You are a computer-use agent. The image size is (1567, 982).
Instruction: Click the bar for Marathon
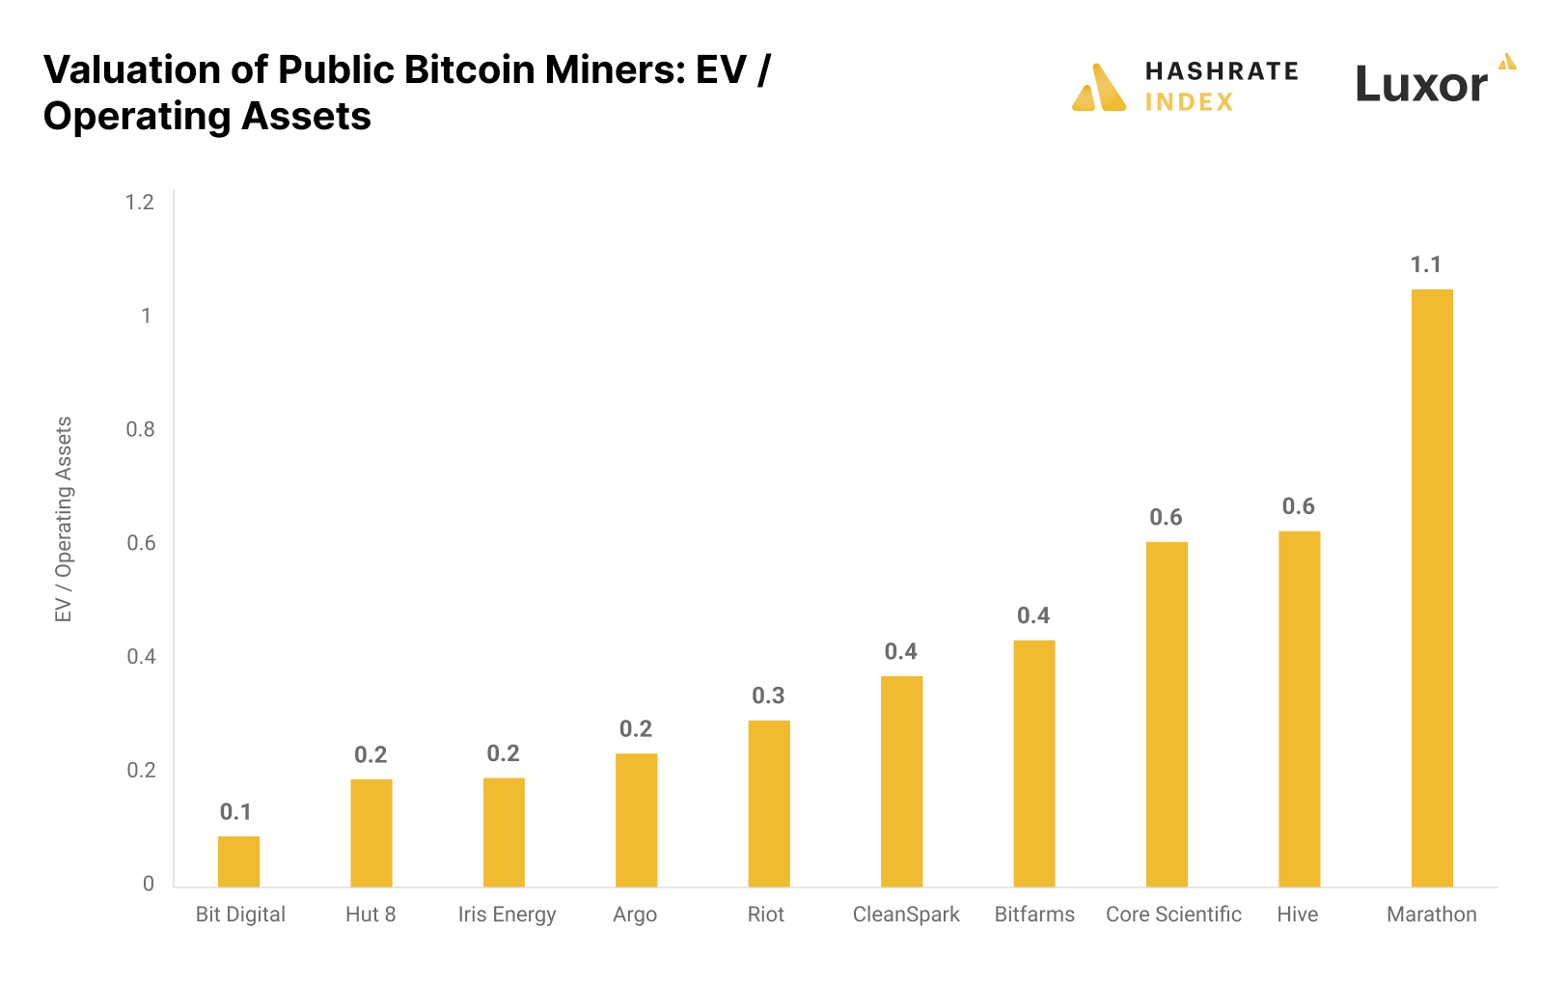coord(1432,588)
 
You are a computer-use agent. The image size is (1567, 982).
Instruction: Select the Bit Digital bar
coord(238,861)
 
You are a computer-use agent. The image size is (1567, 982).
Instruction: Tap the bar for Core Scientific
coord(1167,714)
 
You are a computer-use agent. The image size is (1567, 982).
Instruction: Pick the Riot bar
coord(769,804)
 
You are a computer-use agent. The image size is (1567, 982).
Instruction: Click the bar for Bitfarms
coord(1034,763)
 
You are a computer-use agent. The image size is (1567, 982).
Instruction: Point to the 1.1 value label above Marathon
coord(1425,265)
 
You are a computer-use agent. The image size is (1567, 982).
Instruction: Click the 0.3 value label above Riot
coord(768,696)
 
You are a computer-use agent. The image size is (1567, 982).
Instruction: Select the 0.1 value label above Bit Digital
coord(235,812)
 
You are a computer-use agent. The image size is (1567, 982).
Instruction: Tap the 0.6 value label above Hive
coord(1298,506)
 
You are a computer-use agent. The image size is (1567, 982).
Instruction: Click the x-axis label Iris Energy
coord(507,914)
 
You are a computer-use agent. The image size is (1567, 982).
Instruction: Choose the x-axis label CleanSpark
coord(906,914)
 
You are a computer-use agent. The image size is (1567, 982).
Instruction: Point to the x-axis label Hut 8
coord(371,914)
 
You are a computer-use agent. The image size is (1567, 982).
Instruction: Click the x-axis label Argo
coord(635,914)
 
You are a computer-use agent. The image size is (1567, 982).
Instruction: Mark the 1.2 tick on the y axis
coord(140,203)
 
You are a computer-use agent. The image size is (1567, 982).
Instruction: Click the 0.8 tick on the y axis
coord(140,429)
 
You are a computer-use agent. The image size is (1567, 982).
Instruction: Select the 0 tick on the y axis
coord(149,884)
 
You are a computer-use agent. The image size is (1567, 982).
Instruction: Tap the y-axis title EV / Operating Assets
coord(64,519)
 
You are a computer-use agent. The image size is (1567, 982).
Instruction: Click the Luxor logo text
coord(1421,85)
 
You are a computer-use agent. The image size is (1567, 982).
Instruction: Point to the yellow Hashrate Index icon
coord(1099,89)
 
